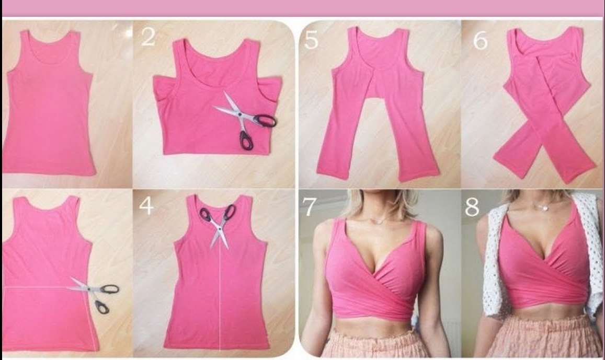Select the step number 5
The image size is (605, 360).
tap(311, 40)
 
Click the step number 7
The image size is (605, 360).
tap(310, 207)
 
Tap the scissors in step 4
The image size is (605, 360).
tap(219, 223)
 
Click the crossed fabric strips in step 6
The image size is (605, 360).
tap(544, 131)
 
